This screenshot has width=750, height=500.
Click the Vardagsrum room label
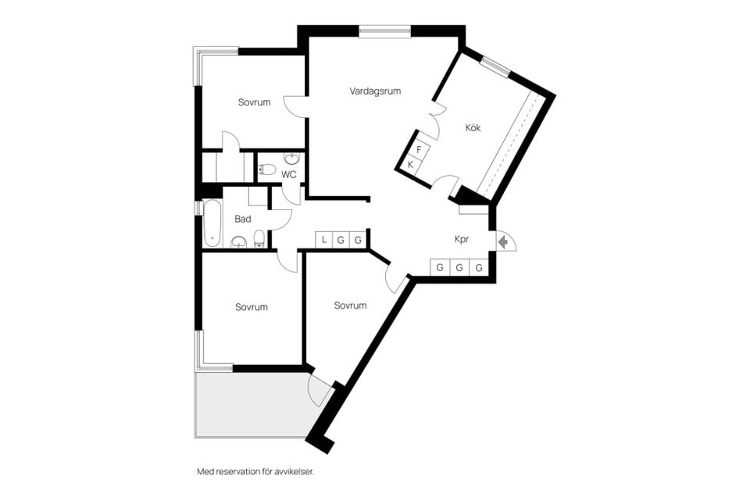[375, 91]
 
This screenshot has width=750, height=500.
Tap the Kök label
[473, 128]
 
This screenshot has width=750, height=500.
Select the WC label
[289, 174]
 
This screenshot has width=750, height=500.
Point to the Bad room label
[243, 220]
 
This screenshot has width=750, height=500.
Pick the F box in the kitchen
[420, 149]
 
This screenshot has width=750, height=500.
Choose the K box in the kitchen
[411, 164]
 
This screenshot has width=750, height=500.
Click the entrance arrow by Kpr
[504, 243]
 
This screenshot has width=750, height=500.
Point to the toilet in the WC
[267, 169]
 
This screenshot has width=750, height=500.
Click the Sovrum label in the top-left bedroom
[254, 102]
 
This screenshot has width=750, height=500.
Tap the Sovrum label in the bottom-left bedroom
[252, 307]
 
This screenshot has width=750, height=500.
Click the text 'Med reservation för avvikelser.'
[255, 472]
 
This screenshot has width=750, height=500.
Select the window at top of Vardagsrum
[384, 31]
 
